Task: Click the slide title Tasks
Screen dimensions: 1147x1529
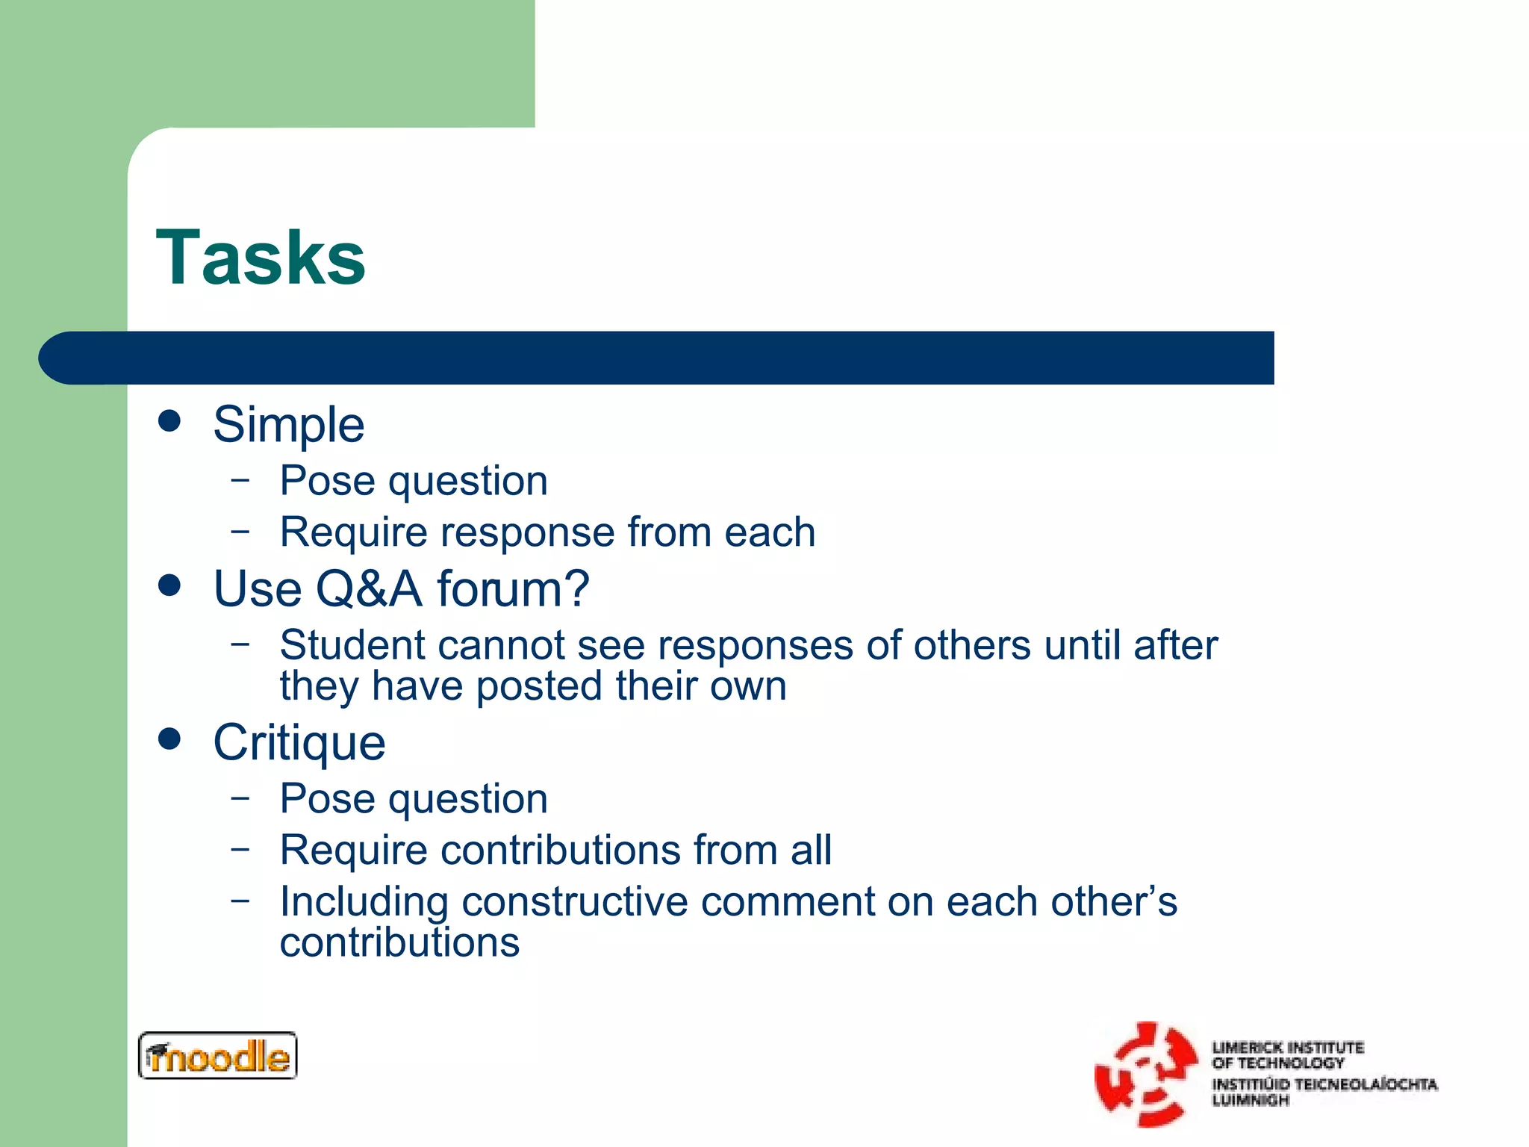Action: [261, 258]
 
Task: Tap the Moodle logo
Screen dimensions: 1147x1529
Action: [217, 1055]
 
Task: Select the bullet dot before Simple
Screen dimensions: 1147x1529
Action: [170, 420]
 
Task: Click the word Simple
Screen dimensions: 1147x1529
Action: [289, 425]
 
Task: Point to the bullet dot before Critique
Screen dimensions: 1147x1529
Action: [170, 739]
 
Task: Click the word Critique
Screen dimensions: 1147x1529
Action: [299, 743]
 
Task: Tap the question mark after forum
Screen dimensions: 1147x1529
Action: [576, 588]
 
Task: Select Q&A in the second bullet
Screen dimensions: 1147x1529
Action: [369, 589]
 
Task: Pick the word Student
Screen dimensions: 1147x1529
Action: [348, 645]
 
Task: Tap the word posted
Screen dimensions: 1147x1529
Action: [539, 686]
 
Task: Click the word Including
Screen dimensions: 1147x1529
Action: [364, 903]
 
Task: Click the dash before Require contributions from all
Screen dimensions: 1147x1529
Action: [240, 848]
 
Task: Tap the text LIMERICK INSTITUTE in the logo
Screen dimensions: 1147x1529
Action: [1287, 1048]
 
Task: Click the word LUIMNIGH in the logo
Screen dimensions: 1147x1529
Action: [1251, 1101]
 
